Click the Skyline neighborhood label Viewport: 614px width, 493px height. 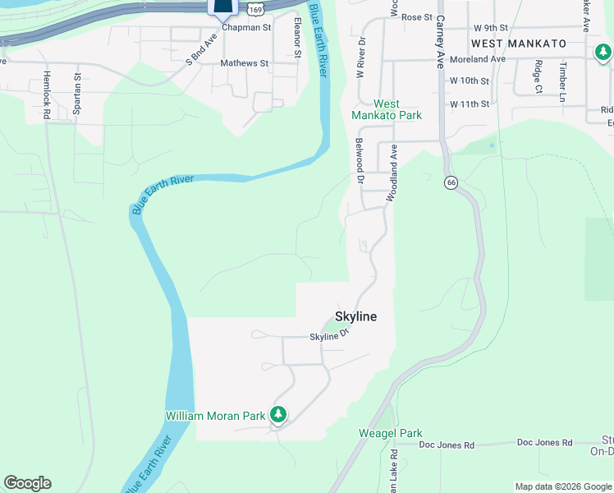355,316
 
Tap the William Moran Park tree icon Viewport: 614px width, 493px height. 279,414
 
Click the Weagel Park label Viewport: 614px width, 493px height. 390,433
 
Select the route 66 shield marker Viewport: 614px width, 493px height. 451,182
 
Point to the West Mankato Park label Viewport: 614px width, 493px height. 387,109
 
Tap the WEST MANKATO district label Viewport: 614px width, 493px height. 519,43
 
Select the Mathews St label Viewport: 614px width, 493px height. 244,62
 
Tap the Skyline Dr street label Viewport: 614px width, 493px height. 330,335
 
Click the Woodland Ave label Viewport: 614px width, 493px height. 394,164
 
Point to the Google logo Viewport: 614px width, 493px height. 27,483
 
